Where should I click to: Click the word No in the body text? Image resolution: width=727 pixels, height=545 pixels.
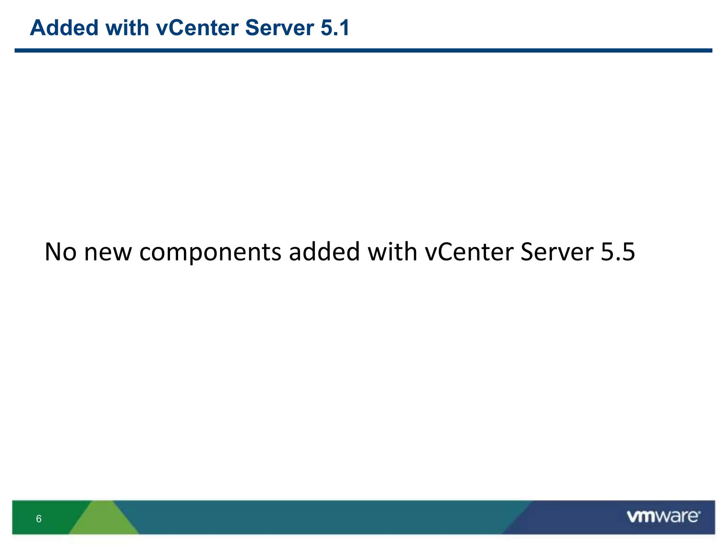pyautogui.click(x=60, y=252)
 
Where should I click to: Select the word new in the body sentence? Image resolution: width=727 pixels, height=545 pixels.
pyautogui.click(x=108, y=252)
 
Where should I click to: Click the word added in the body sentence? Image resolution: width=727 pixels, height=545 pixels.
pyautogui.click(x=324, y=252)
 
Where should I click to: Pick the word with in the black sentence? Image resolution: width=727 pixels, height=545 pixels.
pyautogui.click(x=392, y=252)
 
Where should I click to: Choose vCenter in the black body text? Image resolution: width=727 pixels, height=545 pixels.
pyautogui.click(x=469, y=252)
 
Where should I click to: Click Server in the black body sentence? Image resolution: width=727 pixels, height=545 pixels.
pyautogui.click(x=557, y=252)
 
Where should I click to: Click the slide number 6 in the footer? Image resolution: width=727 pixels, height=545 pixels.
pyautogui.click(x=39, y=519)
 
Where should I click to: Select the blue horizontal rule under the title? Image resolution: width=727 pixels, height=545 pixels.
pyautogui.click(x=363, y=51)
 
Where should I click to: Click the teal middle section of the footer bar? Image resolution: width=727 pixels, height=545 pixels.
pyautogui.click(x=319, y=517)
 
